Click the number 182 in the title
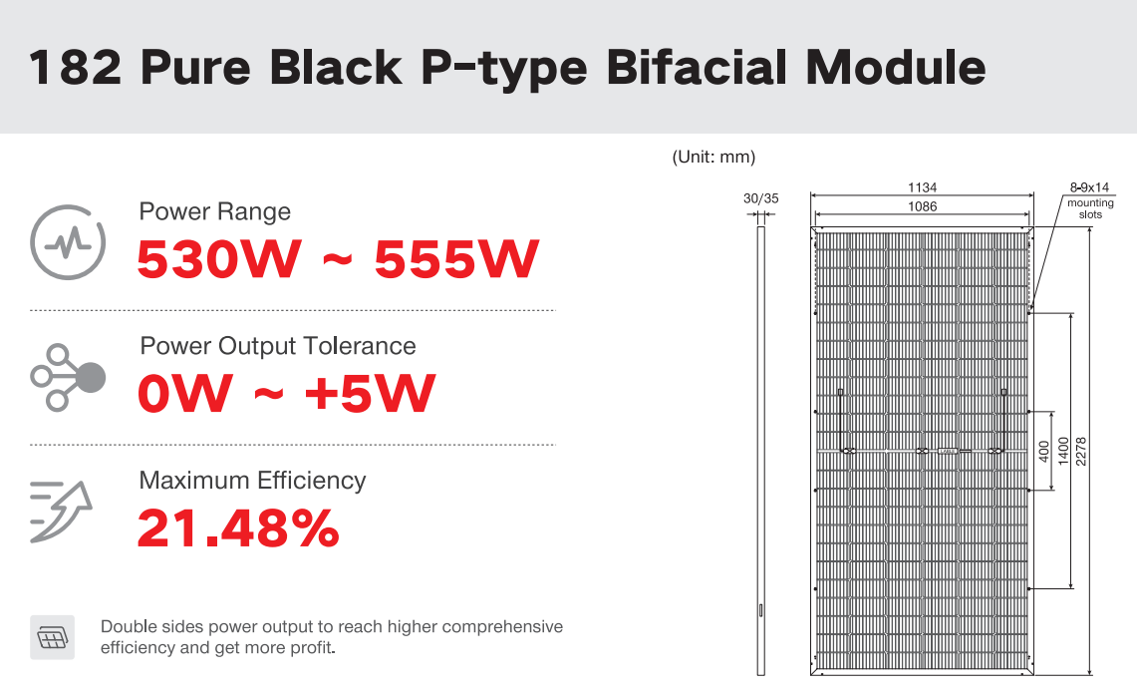pyautogui.click(x=76, y=68)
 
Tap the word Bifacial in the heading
pyautogui.click(x=697, y=67)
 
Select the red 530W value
pyautogui.click(x=219, y=259)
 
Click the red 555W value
pyautogui.click(x=456, y=259)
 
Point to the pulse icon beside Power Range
pyautogui.click(x=68, y=242)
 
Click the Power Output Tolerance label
pyautogui.click(x=278, y=346)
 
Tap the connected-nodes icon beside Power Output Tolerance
pyautogui.click(x=68, y=377)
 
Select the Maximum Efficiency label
pyautogui.click(x=252, y=481)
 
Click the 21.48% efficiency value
pyautogui.click(x=238, y=528)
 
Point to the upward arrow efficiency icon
pyautogui.click(x=61, y=511)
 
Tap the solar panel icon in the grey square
pyautogui.click(x=52, y=638)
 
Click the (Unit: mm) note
pyautogui.click(x=713, y=157)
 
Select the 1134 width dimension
pyautogui.click(x=923, y=187)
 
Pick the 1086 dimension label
pyautogui.click(x=923, y=206)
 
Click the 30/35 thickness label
pyautogui.click(x=760, y=198)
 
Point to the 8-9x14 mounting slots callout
pyautogui.click(x=1090, y=199)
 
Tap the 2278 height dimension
pyautogui.click(x=1081, y=452)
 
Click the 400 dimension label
pyautogui.click(x=1044, y=452)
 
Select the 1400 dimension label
pyautogui.click(x=1063, y=452)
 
